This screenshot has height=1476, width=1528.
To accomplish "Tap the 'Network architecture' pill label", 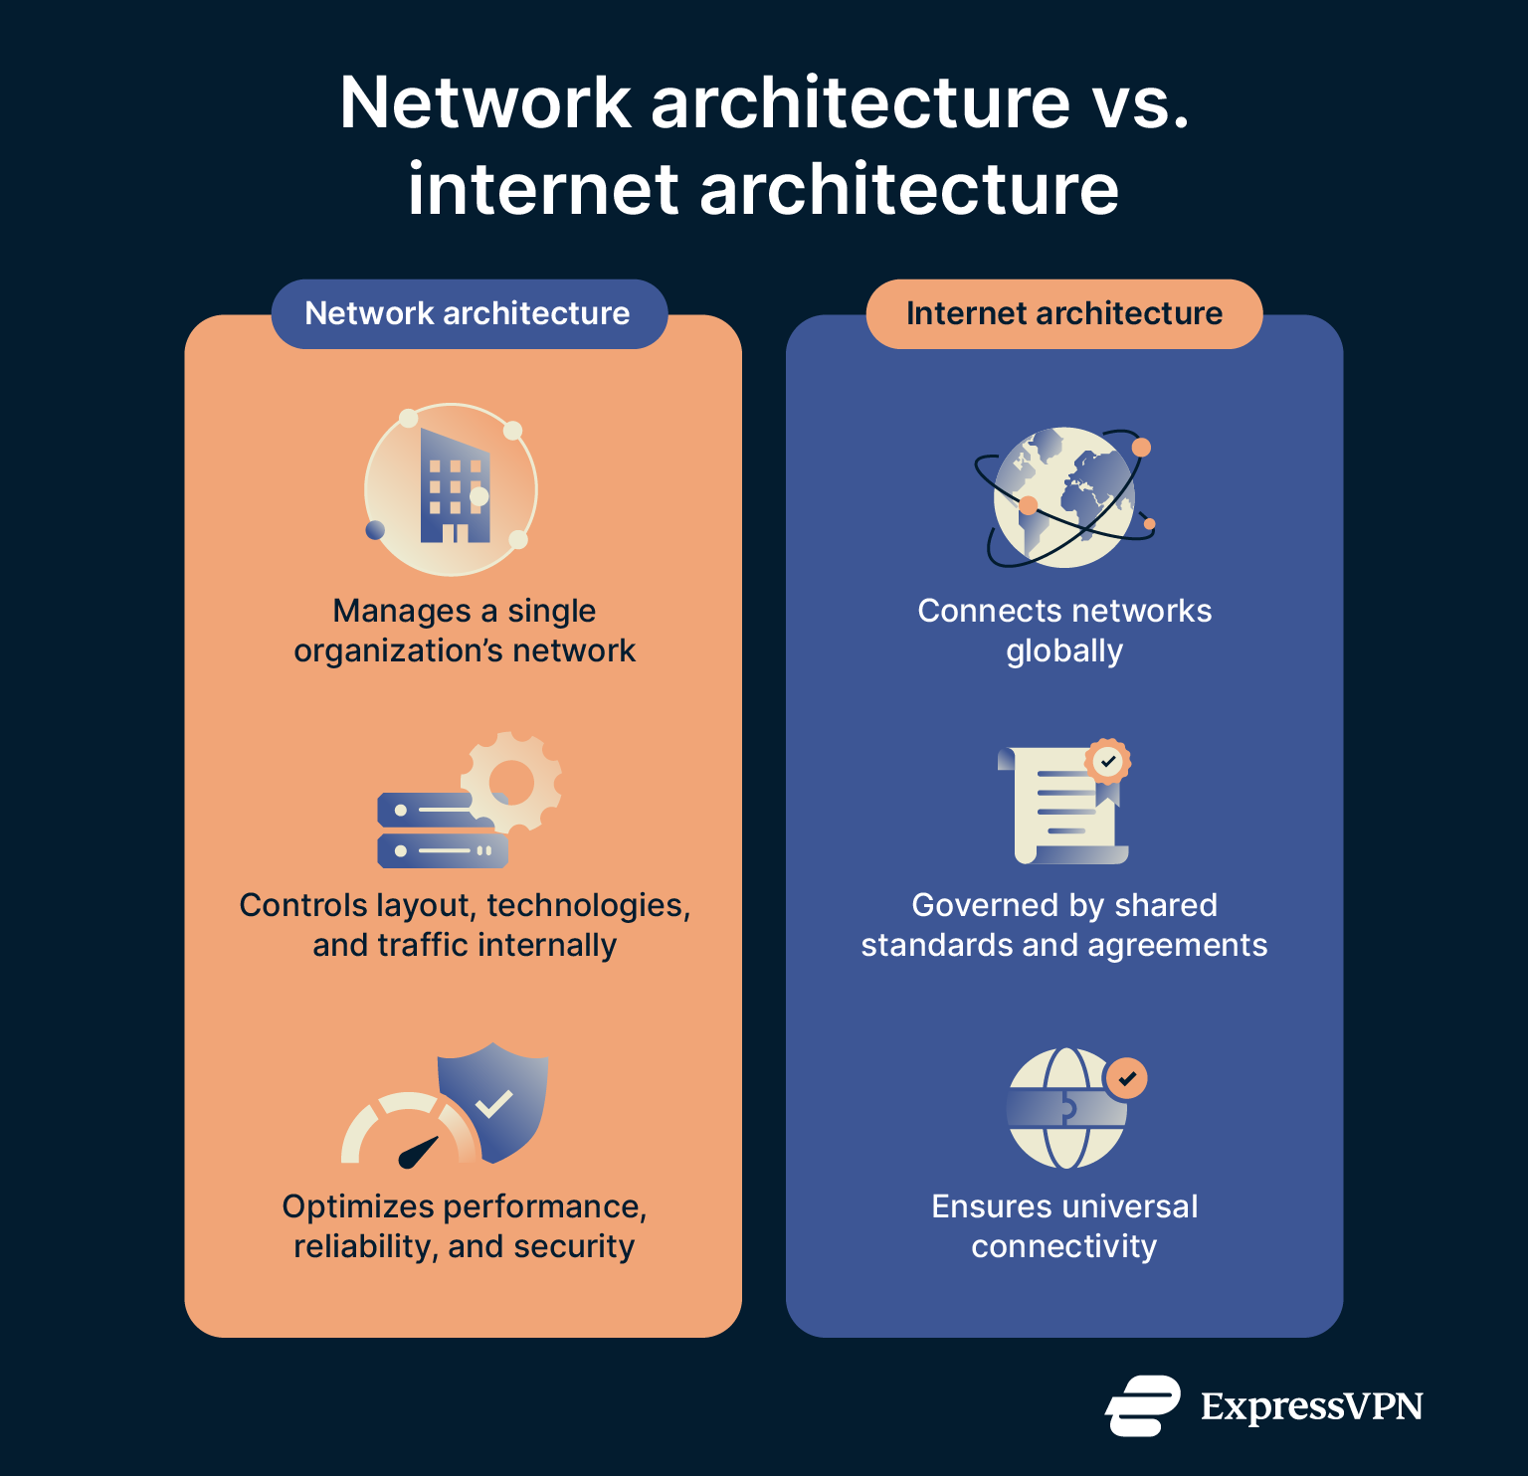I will click(x=468, y=313).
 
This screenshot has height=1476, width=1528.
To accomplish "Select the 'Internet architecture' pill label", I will click(x=1063, y=313).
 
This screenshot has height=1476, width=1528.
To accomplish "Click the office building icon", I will click(x=454, y=486).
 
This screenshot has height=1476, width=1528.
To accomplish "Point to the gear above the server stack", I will click(x=511, y=781).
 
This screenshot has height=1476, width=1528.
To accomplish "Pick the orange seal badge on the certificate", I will click(x=1107, y=762).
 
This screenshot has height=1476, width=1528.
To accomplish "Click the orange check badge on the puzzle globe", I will click(x=1126, y=1078).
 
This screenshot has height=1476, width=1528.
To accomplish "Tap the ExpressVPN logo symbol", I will click(x=1142, y=1405).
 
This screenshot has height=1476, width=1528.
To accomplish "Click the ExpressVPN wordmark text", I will click(x=1311, y=1406).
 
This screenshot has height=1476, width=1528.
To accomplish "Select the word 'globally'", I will click(x=1063, y=651).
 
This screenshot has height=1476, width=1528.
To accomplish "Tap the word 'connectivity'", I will click(x=1063, y=1246).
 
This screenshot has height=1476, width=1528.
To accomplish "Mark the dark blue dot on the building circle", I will click(x=375, y=530).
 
